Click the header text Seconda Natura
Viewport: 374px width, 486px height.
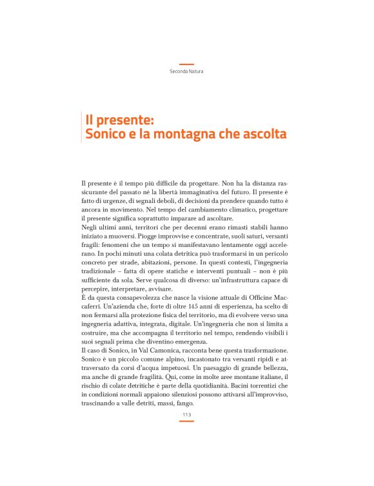tap(186, 71)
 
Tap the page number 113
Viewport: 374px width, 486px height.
tap(186, 414)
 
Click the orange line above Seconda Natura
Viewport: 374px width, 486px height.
tap(186, 64)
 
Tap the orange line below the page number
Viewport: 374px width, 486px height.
tap(186, 421)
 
